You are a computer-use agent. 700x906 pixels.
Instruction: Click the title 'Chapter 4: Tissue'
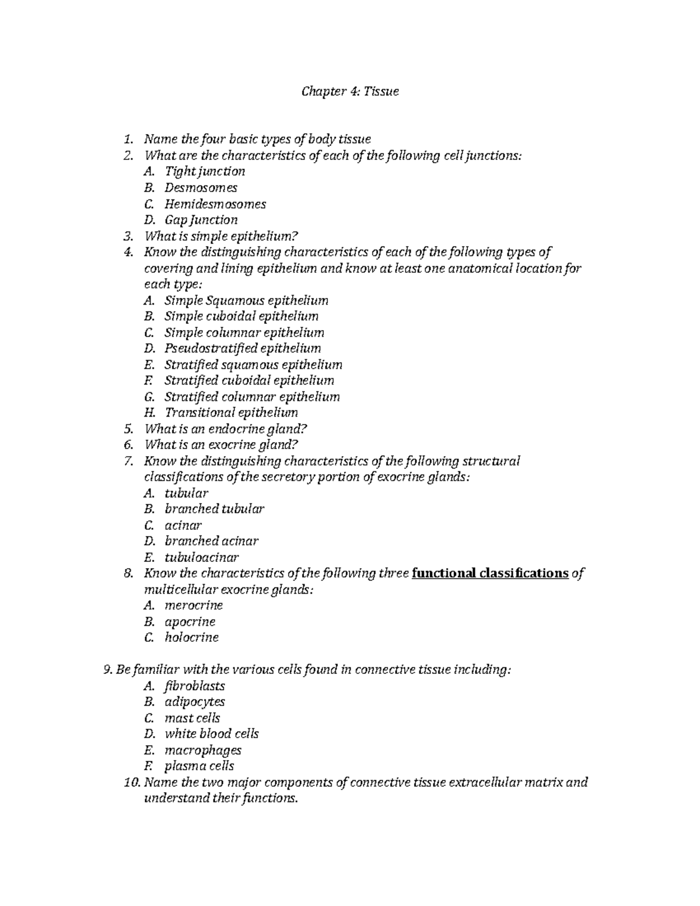[x=349, y=92]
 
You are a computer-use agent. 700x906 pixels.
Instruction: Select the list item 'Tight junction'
[x=204, y=172]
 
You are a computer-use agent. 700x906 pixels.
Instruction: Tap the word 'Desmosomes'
[x=201, y=188]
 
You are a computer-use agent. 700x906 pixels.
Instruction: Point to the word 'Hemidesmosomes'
[x=215, y=204]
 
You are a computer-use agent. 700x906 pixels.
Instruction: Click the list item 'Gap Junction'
[x=201, y=220]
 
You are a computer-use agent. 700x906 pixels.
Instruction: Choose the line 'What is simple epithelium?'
[x=221, y=236]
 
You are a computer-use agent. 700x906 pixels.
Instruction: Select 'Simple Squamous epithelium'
[x=246, y=300]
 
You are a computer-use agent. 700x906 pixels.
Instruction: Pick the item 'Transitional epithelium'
[x=231, y=412]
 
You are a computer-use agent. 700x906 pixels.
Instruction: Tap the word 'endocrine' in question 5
[x=233, y=429]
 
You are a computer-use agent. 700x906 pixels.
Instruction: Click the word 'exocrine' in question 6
[x=230, y=445]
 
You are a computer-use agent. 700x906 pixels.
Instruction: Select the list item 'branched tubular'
[x=214, y=509]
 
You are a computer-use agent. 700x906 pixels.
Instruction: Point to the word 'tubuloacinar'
[x=201, y=557]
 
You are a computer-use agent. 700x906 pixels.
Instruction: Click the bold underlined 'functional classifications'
[x=490, y=573]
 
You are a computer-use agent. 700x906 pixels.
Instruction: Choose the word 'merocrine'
[x=194, y=606]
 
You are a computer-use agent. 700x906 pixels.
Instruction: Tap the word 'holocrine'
[x=191, y=638]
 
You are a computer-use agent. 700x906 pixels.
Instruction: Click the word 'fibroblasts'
[x=194, y=686]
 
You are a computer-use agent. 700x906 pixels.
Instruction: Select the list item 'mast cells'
[x=192, y=718]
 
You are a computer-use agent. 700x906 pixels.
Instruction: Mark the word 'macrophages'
[x=202, y=750]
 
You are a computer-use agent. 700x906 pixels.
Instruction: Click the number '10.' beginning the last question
[x=133, y=782]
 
